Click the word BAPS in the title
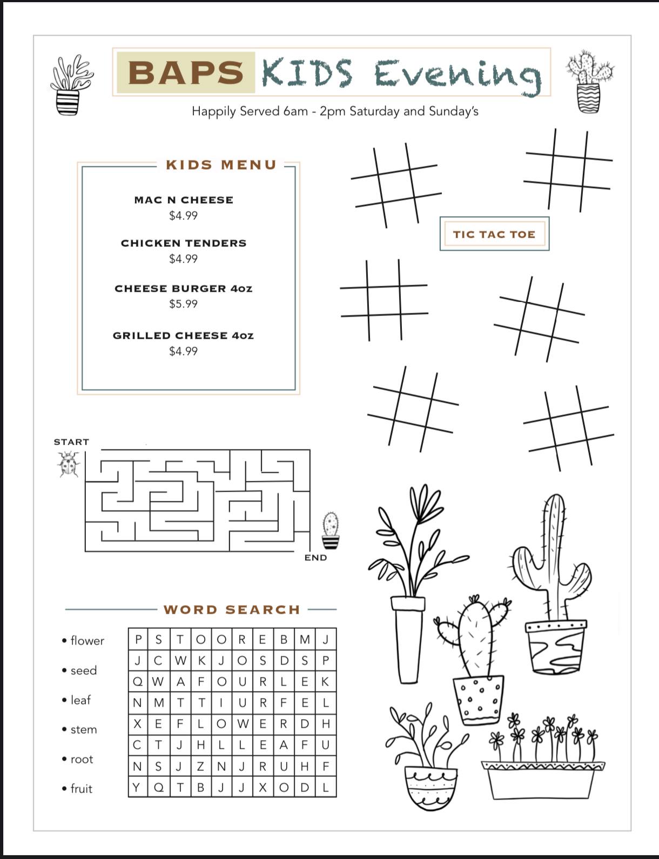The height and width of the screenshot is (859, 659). [x=186, y=73]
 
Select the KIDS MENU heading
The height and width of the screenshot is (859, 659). [x=221, y=164]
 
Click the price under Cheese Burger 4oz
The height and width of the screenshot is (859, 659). [x=183, y=304]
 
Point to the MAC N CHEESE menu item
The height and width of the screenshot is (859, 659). [x=184, y=200]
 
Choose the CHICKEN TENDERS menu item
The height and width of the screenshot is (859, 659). [x=184, y=243]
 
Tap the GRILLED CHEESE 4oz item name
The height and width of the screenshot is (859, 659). [x=183, y=335]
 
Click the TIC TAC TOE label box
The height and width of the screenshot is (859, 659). [x=494, y=233]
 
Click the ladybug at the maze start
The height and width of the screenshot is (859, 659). [x=69, y=464]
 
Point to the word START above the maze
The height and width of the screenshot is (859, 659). [x=71, y=442]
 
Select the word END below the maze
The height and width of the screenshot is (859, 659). [x=315, y=558]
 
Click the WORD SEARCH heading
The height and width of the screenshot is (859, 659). [x=232, y=609]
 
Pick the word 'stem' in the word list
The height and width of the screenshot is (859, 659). [x=84, y=729]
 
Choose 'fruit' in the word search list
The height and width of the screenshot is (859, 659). [x=82, y=789]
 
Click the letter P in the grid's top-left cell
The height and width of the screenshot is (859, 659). [x=138, y=639]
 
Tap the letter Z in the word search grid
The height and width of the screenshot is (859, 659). [x=200, y=767]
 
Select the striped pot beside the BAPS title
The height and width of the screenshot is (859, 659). [x=68, y=102]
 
